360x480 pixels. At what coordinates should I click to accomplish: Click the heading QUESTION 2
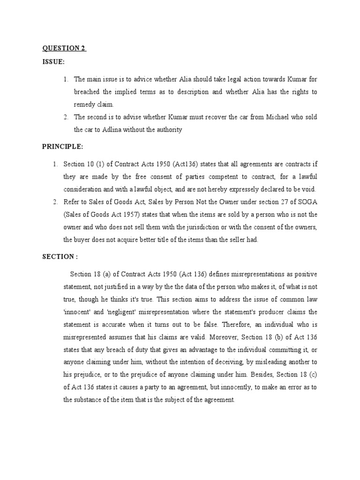[64, 48]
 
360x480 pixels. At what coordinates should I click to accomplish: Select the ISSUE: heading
[54, 62]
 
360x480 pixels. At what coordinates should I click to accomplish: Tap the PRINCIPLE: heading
[63, 147]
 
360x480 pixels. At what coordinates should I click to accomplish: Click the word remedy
[86, 105]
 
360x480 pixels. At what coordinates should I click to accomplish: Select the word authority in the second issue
[166, 130]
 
